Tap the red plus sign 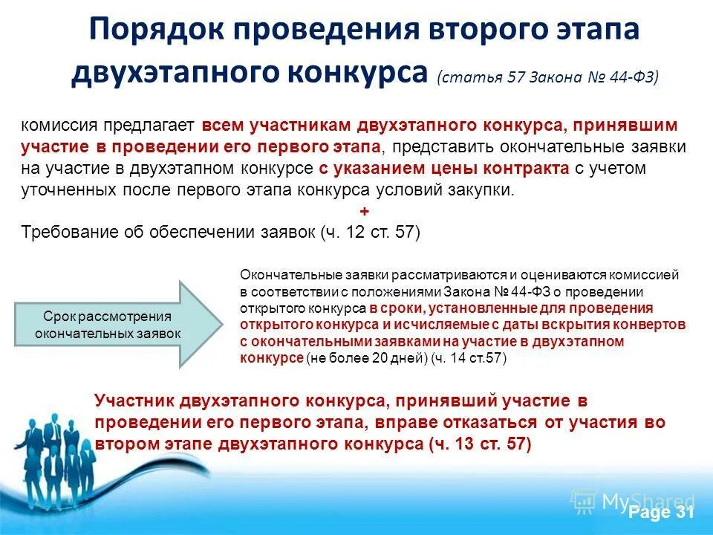pos(363,211)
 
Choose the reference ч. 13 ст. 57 pos(480,444)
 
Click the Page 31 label pos(661,513)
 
